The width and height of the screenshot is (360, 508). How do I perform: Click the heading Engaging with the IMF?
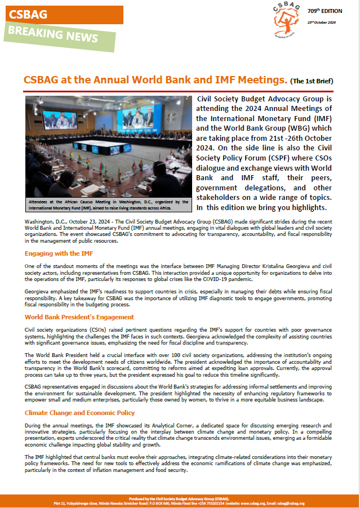pos(59,253)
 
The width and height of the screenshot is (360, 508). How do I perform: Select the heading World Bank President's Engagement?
pos(79,317)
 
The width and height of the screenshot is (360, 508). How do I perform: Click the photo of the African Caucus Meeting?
pos(108,145)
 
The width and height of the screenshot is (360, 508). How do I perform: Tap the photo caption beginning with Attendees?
pos(108,204)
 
